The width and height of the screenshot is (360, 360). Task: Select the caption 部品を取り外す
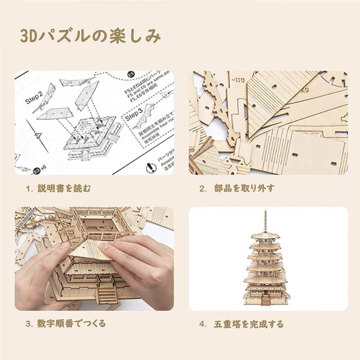pos(245,189)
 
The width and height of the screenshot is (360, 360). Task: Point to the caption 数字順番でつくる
pos(72,324)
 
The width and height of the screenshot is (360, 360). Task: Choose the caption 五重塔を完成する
pos(248,325)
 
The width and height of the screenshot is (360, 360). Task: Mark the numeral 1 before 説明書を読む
pos(28,189)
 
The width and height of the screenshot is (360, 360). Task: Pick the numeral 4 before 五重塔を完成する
pos(202,325)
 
